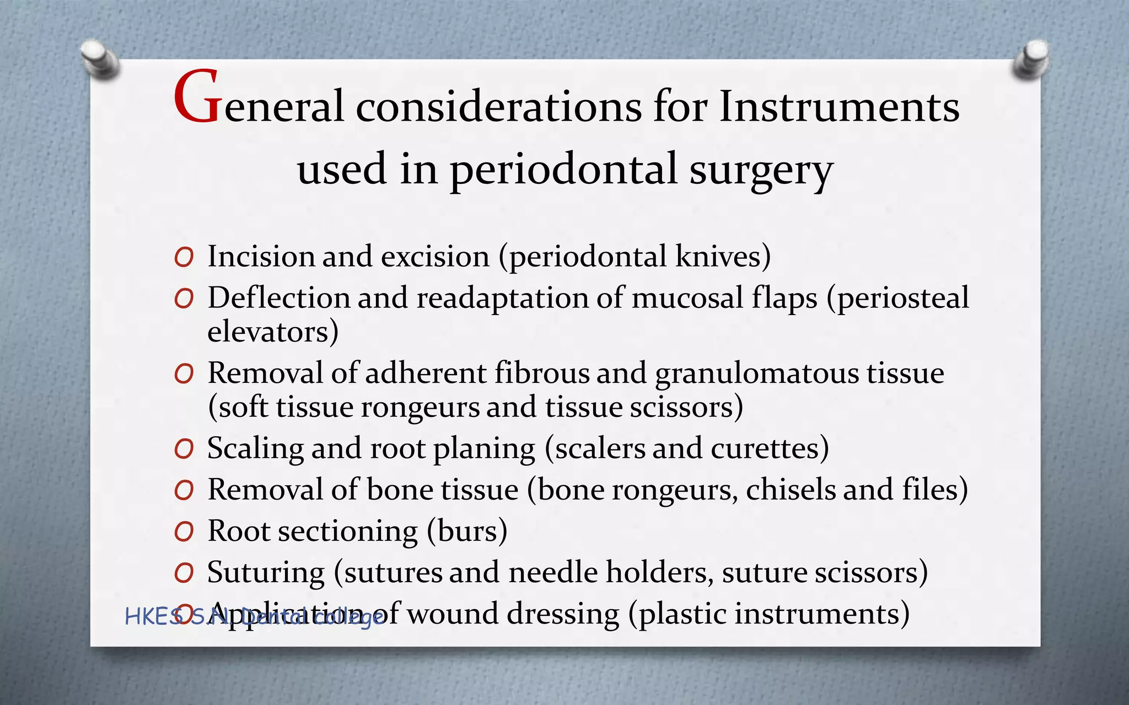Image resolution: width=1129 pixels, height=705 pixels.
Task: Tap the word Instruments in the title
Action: (x=839, y=106)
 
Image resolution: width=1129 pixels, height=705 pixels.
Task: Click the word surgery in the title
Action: (x=761, y=171)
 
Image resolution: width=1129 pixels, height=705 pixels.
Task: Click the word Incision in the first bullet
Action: (x=261, y=257)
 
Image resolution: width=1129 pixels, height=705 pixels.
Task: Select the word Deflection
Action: (x=278, y=298)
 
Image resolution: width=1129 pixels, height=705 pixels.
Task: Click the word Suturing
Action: (x=266, y=573)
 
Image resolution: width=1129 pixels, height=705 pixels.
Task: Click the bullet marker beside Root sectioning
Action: (x=184, y=532)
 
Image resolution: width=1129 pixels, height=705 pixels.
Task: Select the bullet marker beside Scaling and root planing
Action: (x=184, y=449)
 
